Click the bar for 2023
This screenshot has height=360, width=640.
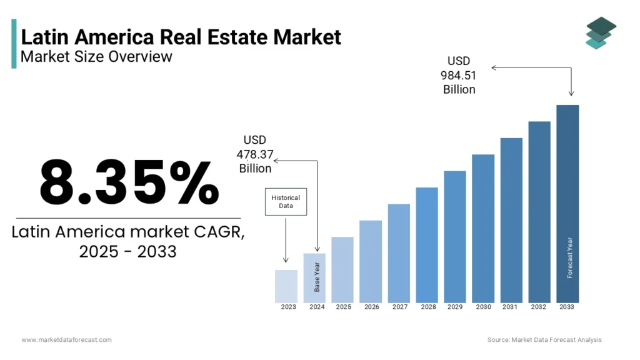coord(286,286)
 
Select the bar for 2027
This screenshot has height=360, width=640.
coord(399,253)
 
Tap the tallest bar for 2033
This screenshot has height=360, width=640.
coord(567,203)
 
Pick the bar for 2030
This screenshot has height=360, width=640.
coord(483,228)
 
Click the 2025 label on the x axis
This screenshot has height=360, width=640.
coord(343,307)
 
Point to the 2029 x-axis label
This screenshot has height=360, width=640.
coord(455,307)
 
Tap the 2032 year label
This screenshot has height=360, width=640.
coord(539,307)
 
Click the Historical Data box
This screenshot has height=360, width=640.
coord(286,202)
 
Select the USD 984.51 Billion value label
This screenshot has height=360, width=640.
coord(459,75)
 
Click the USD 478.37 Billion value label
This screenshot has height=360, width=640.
coord(255,154)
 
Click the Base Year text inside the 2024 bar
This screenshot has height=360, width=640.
coord(317,277)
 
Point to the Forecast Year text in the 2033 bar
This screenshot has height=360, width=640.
coord(569,257)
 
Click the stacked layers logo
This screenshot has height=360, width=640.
coord(601,32)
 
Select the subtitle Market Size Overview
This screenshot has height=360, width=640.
coord(96,57)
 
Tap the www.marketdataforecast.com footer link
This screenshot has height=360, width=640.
coord(66,339)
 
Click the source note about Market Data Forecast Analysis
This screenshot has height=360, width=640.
coord(544,339)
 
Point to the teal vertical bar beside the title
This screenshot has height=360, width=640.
coord(14,43)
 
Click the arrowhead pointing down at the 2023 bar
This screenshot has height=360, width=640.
coord(286,260)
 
